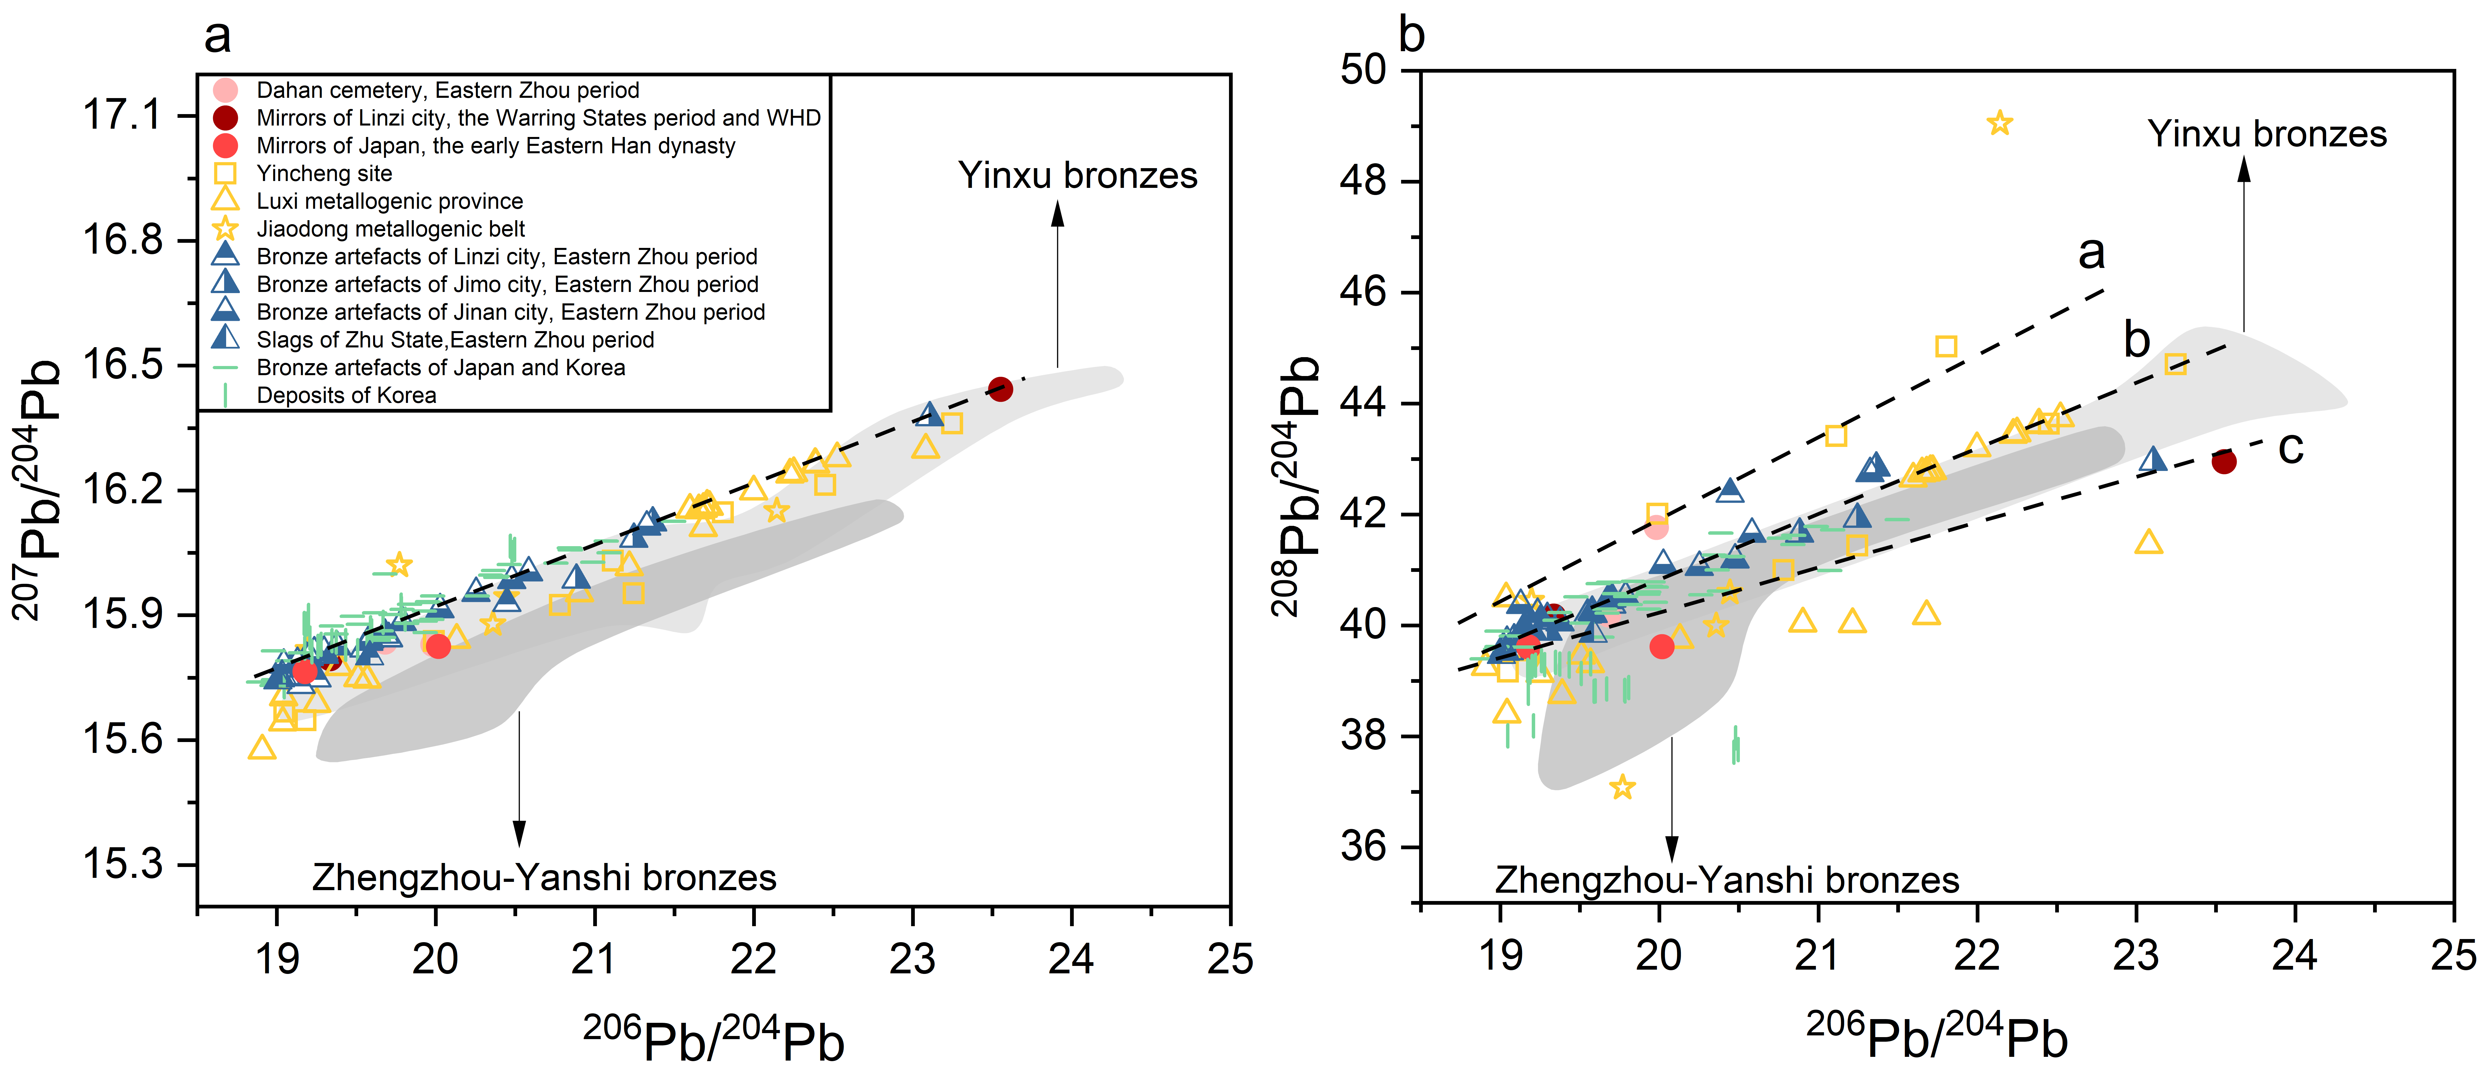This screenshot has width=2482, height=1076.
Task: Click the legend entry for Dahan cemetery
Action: (x=447, y=91)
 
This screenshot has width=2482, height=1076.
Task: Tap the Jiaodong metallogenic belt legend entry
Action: (x=390, y=229)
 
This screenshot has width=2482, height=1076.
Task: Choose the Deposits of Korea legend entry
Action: (x=346, y=395)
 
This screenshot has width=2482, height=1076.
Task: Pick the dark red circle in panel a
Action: (x=1000, y=389)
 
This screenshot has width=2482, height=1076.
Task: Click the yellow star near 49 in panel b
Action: (x=1999, y=123)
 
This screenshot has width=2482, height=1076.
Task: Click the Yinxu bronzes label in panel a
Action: (x=1077, y=175)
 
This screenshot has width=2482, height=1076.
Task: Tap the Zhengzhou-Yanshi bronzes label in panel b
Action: (x=1727, y=880)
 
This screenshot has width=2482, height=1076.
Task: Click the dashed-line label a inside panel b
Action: (x=2091, y=252)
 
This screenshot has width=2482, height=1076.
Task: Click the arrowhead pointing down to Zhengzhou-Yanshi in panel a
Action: (x=519, y=834)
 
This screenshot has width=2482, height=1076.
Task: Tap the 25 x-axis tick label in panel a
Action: (x=1230, y=959)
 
